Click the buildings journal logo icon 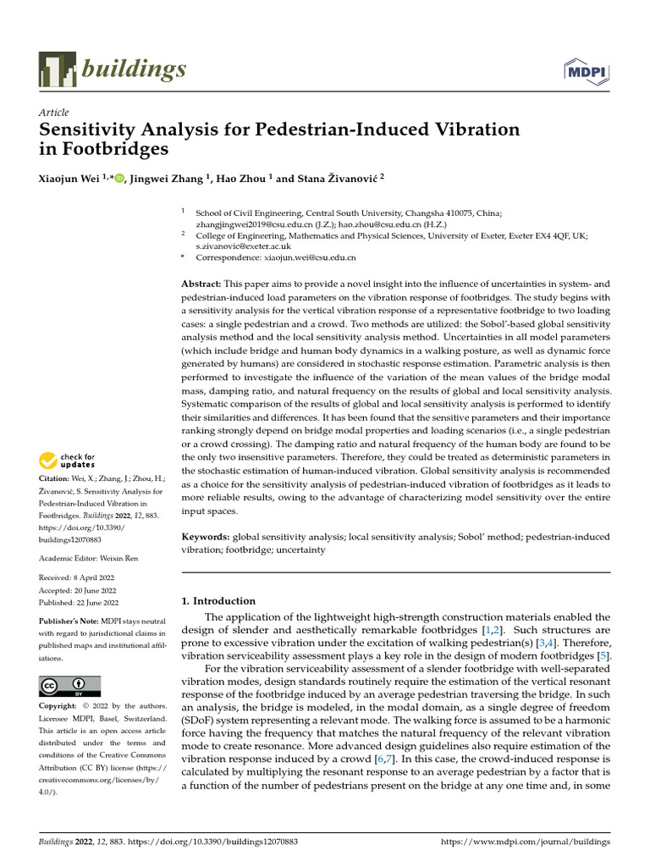pyautogui.click(x=58, y=69)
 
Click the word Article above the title pyautogui.click(x=54, y=113)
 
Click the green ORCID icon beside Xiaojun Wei pyautogui.click(x=118, y=179)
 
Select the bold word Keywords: pyautogui.click(x=207, y=537)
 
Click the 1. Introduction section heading pyautogui.click(x=219, y=601)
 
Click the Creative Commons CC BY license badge pyautogui.click(x=70, y=686)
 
